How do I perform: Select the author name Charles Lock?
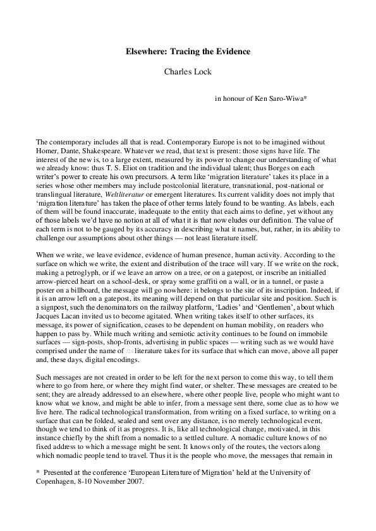click(x=187, y=72)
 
